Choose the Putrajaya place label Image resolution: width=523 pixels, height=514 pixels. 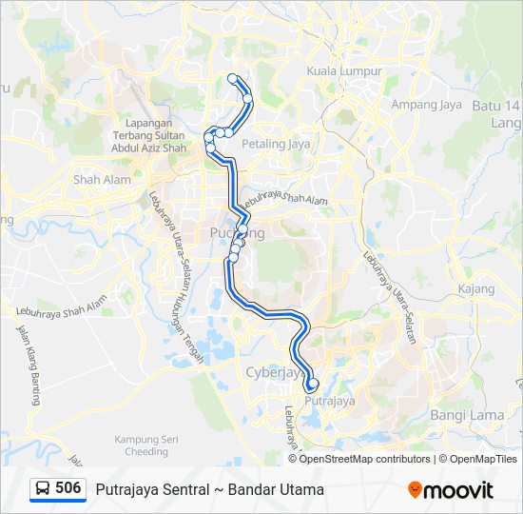[330, 402]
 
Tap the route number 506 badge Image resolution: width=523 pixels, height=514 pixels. [68, 488]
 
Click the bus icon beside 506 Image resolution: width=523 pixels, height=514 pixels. [43, 489]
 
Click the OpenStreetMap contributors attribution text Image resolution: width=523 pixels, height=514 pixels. [365, 459]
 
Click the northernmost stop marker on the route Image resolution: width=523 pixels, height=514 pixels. [232, 78]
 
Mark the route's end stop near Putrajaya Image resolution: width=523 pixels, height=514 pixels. [312, 385]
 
